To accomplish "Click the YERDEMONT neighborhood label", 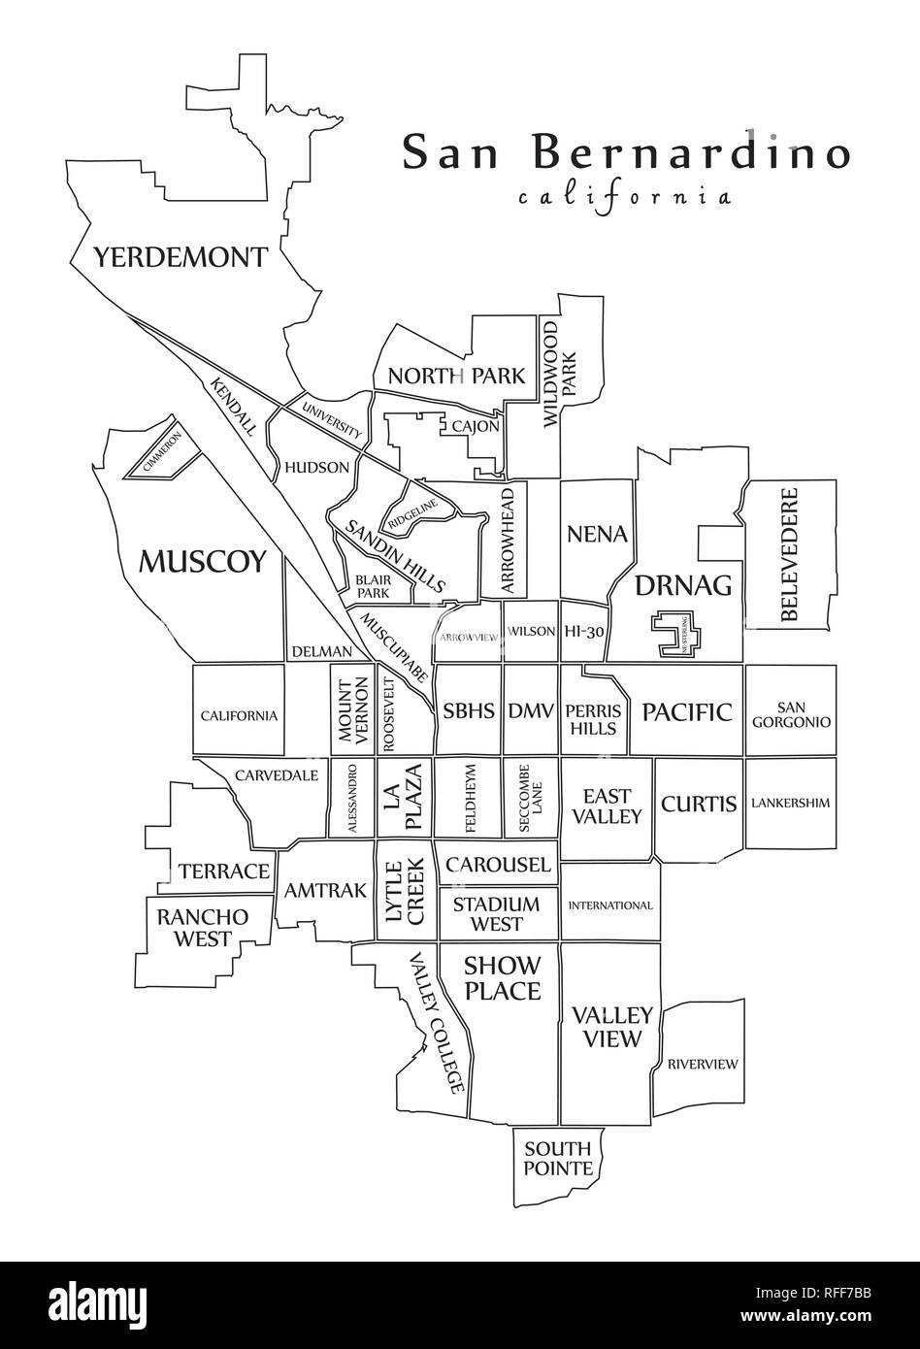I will click(180, 258).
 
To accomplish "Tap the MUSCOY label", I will click(202, 560).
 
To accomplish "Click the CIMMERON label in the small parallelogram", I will click(162, 451).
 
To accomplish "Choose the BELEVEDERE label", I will click(789, 554).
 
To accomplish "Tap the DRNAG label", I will click(682, 585).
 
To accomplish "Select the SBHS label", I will click(469, 710).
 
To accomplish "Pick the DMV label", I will click(530, 710).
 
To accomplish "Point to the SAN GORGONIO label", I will click(790, 714).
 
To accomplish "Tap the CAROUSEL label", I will click(498, 865).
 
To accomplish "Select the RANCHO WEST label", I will click(203, 928).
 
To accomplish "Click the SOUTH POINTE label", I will click(558, 1159).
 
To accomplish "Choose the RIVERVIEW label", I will click(702, 1064).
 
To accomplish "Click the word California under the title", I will click(624, 197).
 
